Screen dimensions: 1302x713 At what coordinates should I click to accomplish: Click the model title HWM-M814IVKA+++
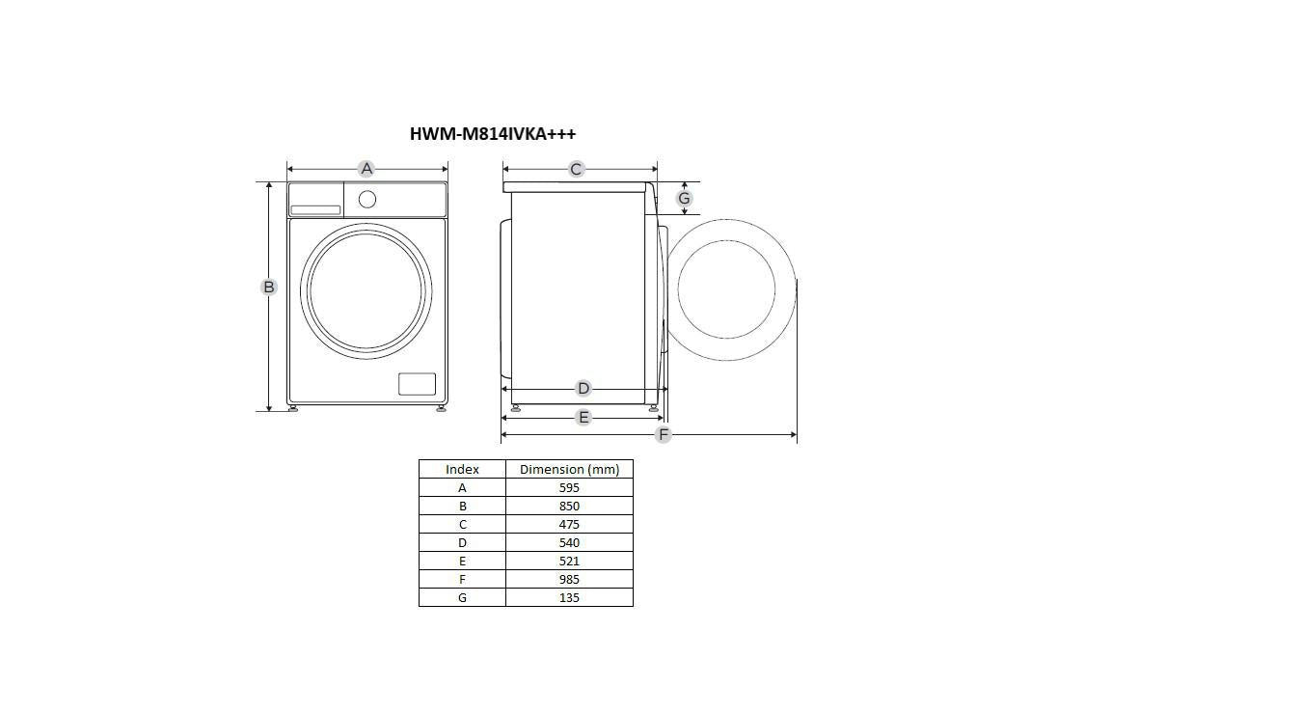coord(493,134)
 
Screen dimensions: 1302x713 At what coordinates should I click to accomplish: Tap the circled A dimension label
coord(366,169)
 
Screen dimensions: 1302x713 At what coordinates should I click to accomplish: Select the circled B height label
coord(268,287)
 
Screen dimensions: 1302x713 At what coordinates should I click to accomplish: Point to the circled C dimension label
coord(576,169)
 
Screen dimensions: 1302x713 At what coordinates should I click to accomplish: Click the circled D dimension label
coord(583,388)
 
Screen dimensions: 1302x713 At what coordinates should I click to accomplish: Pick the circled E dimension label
coord(583,417)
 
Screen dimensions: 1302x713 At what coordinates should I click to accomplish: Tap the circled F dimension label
coord(663,434)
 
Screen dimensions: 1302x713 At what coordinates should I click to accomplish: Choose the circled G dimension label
coord(684,199)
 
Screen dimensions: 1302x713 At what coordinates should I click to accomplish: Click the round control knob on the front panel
coord(367,200)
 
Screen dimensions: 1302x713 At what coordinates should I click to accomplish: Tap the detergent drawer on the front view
coord(315,210)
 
